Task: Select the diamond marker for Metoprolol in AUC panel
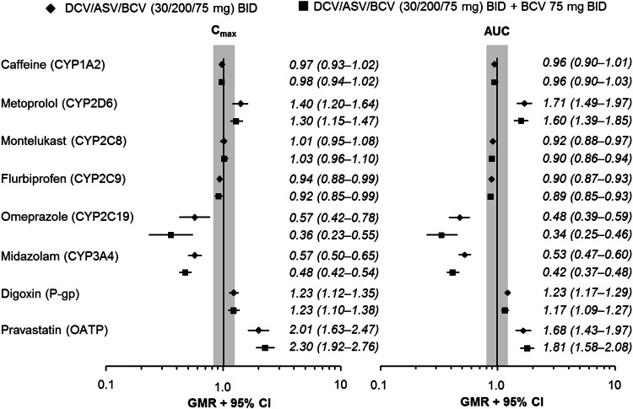click(525, 104)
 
